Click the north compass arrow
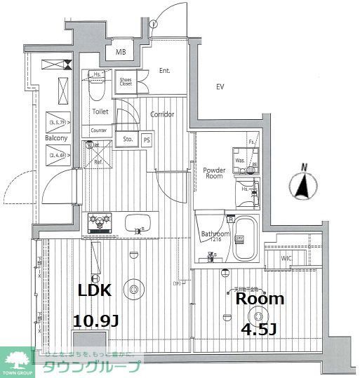[303, 185]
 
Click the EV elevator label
[220, 87]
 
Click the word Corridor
[161, 114]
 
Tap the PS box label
[147, 139]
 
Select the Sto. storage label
[128, 139]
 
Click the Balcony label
[56, 138]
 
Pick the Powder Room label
[214, 173]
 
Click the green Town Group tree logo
[18, 360]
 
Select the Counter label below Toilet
[98, 130]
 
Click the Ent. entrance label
[165, 70]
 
